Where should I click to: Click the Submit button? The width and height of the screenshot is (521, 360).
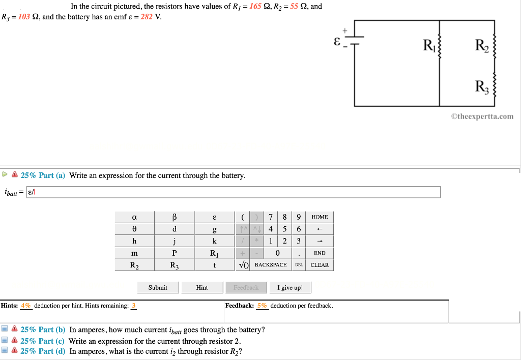click(158, 288)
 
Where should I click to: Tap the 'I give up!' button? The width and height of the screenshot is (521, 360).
click(290, 288)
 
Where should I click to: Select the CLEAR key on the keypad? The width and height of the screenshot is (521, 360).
click(320, 265)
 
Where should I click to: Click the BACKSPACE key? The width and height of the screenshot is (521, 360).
click(271, 265)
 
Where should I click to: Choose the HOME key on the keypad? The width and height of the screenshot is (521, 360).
click(320, 217)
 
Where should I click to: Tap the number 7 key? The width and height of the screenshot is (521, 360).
click(271, 217)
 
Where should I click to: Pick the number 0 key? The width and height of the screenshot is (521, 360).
click(277, 253)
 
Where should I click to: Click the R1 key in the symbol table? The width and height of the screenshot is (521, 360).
click(214, 253)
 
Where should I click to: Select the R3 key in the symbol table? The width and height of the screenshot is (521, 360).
click(175, 265)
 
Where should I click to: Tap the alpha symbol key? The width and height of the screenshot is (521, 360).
click(134, 217)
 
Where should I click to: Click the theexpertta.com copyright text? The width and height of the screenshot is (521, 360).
click(482, 116)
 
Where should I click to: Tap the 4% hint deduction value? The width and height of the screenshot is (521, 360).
click(26, 306)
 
